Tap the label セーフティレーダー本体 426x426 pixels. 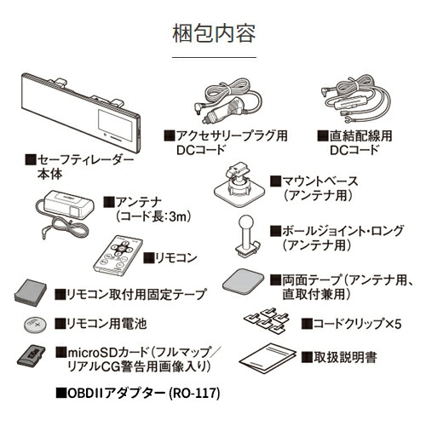pyautogui.click(x=80, y=166)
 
